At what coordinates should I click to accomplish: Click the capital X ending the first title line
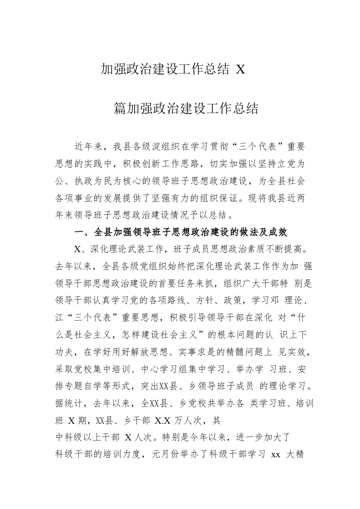(240, 70)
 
